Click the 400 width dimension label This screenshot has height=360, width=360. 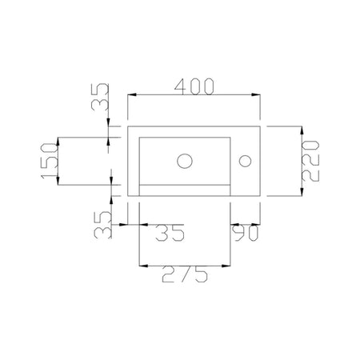(x=194, y=86)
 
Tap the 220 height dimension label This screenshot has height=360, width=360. (x=311, y=161)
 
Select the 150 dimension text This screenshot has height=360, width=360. (x=50, y=161)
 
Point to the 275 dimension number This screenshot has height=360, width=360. (x=185, y=274)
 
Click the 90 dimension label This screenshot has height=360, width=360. (x=246, y=233)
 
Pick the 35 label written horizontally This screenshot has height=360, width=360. (x=170, y=233)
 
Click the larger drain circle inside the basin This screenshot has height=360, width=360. (x=185, y=161)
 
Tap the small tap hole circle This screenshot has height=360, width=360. (x=245, y=161)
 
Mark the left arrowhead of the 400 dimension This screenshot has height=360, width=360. (x=132, y=94)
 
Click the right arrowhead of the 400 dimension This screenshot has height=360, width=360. (x=256, y=94)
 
